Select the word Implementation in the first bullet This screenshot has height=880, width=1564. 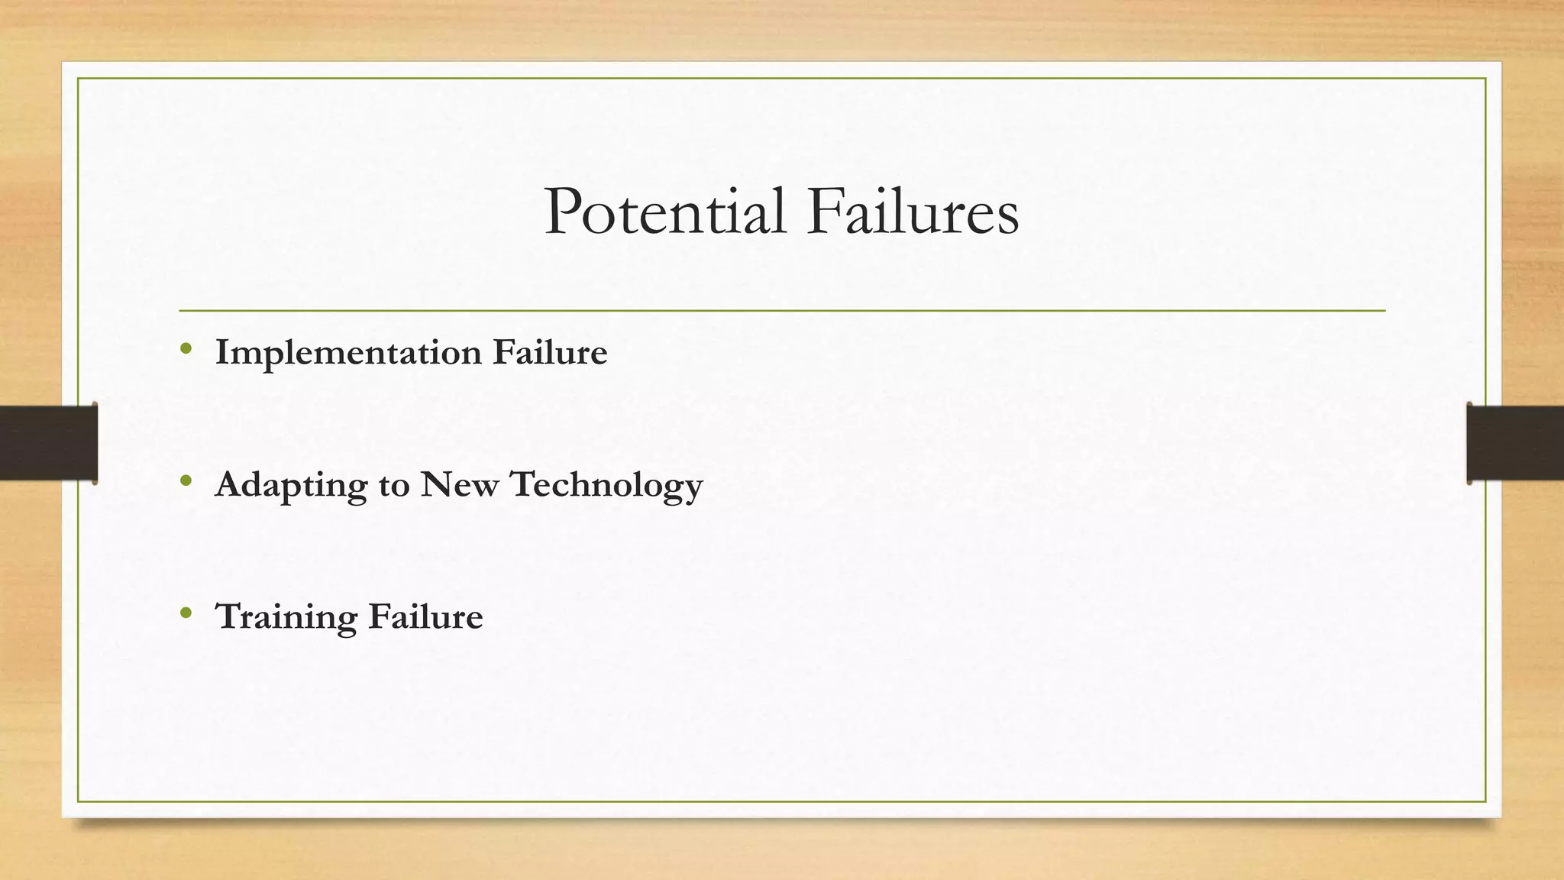click(348, 354)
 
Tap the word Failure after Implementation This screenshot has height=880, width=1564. click(550, 352)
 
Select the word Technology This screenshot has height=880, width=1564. click(606, 486)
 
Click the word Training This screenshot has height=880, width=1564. click(286, 618)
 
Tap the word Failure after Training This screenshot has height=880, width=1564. click(425, 616)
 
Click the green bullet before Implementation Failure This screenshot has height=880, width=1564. click(186, 349)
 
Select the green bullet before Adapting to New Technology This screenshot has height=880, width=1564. click(186, 481)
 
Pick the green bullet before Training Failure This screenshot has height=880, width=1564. click(186, 613)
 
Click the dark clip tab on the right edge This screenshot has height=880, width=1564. click(1514, 443)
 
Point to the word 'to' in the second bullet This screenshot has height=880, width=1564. click(394, 486)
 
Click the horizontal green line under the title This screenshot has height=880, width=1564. click(782, 311)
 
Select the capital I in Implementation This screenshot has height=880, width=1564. click(222, 352)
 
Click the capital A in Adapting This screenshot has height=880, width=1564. click(231, 484)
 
